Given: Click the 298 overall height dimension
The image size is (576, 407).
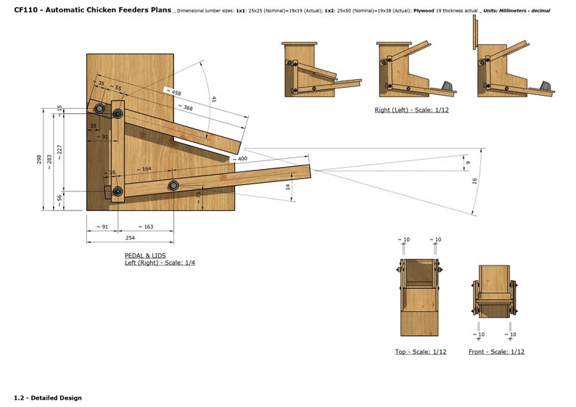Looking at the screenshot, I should tap(39, 159).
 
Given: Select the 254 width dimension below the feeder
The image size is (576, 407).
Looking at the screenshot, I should tap(130, 237).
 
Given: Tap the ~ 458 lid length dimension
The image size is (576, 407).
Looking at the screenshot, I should tap(173, 92).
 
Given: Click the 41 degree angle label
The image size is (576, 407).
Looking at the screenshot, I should tap(214, 99).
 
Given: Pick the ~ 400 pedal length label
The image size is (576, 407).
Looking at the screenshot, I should tap(239, 158).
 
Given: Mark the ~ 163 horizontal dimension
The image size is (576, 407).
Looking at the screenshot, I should tap(144, 227).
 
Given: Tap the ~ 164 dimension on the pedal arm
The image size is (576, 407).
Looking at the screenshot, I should tap(142, 169).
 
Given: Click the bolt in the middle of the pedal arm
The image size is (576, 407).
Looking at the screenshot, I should tap(174, 186).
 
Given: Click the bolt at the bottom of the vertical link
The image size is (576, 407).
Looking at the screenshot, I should tap(118, 192).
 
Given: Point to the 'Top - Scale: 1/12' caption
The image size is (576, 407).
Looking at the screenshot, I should tap(420, 351).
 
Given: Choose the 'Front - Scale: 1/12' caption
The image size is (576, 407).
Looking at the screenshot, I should tap(496, 351).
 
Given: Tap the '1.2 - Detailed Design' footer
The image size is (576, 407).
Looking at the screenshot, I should tap(48, 398).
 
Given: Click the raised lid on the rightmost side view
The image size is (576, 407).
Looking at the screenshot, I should tap(475, 33).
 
